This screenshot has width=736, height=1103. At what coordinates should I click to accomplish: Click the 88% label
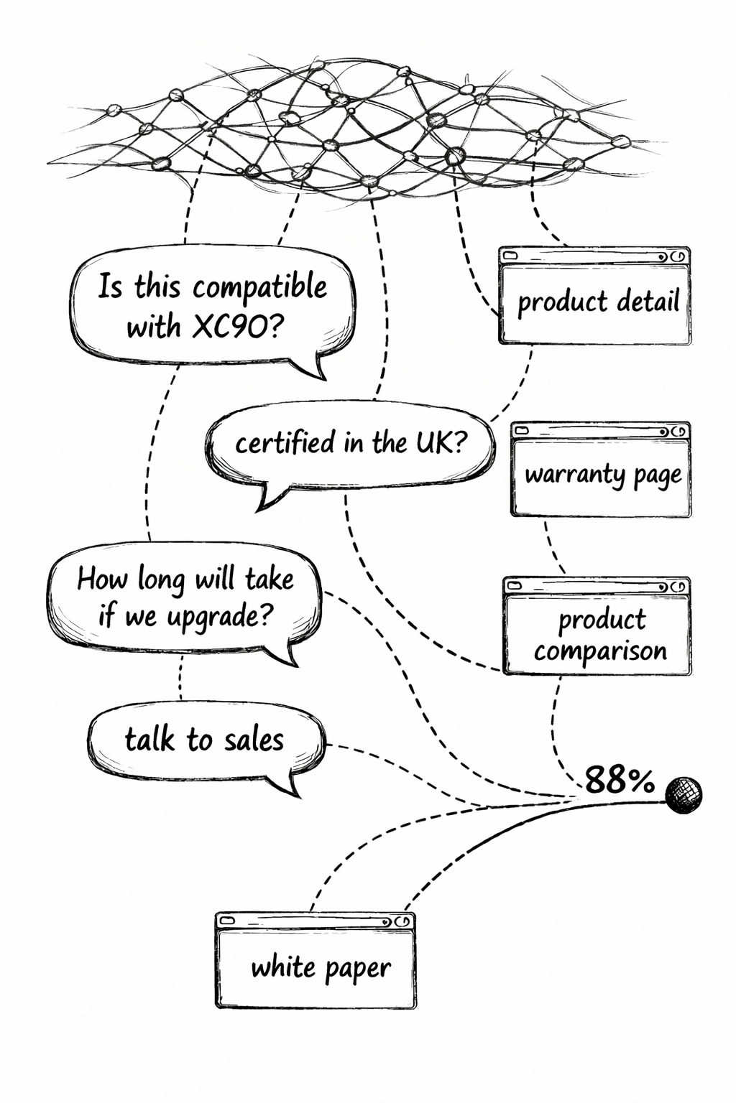click(x=620, y=780)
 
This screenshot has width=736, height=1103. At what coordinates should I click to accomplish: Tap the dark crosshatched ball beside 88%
click(x=683, y=795)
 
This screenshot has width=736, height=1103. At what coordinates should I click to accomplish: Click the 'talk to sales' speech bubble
click(x=205, y=740)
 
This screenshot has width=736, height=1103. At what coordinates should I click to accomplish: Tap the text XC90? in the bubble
click(x=238, y=327)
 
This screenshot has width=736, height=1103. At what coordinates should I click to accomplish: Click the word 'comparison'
click(x=600, y=651)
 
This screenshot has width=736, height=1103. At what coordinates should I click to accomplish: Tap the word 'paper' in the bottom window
click(x=357, y=969)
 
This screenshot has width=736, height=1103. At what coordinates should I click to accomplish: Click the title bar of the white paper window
click(x=316, y=921)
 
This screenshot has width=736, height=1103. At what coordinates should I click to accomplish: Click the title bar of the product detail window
click(x=594, y=256)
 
